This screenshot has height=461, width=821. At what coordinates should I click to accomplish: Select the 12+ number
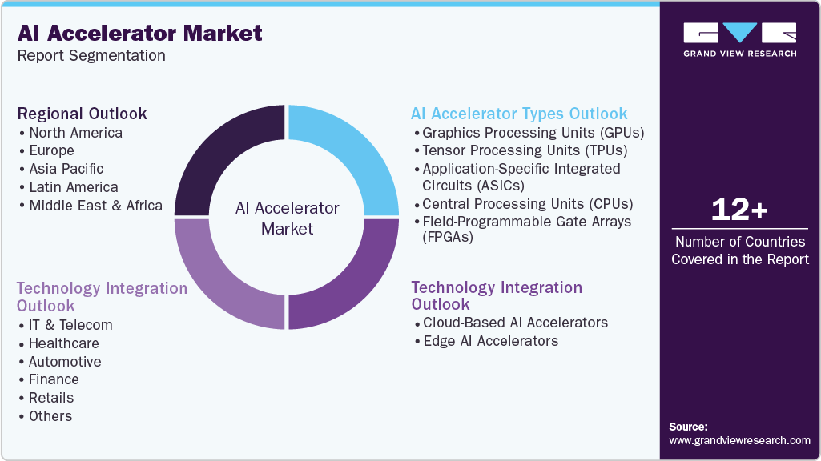click(739, 210)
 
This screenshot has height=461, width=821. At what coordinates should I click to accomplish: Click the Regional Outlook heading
click(82, 114)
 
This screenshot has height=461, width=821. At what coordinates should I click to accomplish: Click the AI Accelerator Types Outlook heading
click(519, 114)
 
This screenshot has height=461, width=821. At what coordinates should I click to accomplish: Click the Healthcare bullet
click(63, 343)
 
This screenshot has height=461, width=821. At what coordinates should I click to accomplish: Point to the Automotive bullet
click(65, 362)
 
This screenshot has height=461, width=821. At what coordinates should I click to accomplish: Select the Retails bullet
click(50, 398)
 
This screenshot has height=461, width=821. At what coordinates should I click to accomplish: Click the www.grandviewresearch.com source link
click(739, 440)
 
